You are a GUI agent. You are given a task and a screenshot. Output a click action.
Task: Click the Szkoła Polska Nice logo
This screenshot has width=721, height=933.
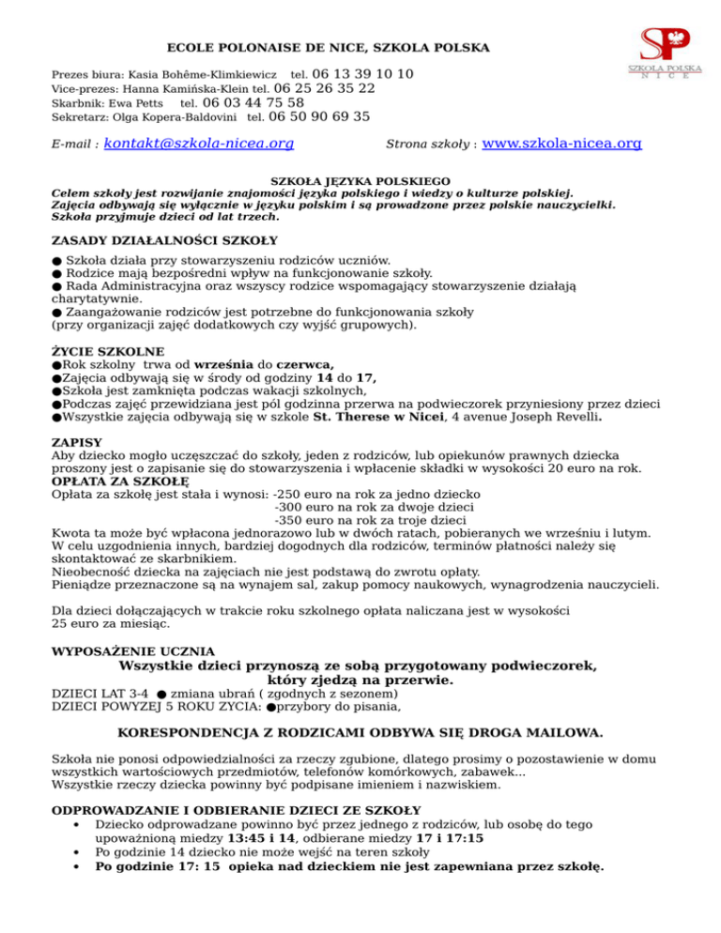658,54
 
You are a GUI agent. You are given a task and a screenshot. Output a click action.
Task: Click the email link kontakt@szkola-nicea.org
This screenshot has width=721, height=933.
199,145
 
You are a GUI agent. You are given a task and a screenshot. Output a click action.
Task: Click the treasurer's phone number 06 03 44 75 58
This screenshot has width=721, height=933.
253,103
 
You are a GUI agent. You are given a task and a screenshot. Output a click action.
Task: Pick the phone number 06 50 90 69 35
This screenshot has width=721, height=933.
318,117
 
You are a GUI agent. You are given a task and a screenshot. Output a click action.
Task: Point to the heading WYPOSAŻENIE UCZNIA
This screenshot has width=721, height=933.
132,650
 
